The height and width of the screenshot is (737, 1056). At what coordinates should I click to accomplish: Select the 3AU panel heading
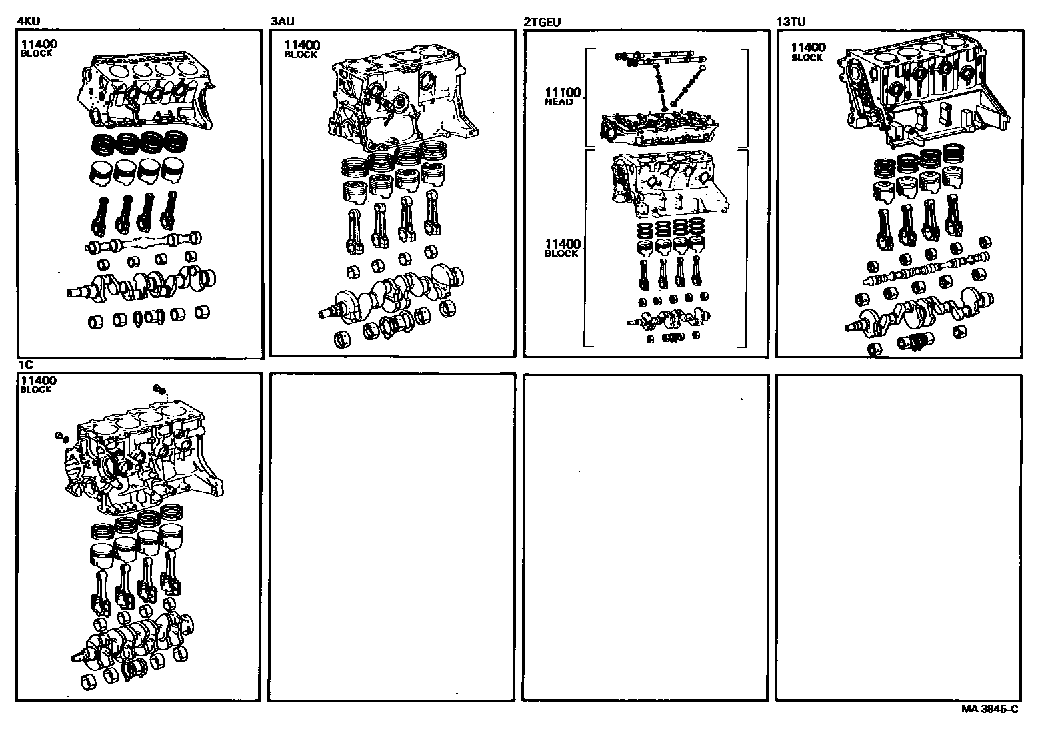click(282, 21)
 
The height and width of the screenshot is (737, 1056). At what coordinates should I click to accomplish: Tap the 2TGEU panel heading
click(542, 21)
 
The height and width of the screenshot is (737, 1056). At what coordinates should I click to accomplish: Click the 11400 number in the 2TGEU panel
click(562, 245)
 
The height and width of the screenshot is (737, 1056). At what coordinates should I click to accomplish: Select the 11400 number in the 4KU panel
click(39, 45)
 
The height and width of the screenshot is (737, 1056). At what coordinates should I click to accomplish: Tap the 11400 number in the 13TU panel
click(808, 47)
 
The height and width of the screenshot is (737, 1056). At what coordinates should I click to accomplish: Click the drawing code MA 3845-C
click(989, 709)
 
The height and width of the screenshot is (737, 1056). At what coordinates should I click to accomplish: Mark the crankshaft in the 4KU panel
click(143, 283)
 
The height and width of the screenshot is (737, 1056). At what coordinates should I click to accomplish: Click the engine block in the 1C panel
click(143, 460)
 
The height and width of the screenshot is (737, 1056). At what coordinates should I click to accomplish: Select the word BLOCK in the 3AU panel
click(301, 55)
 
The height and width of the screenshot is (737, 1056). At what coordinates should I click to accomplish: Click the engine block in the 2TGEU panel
click(667, 187)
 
